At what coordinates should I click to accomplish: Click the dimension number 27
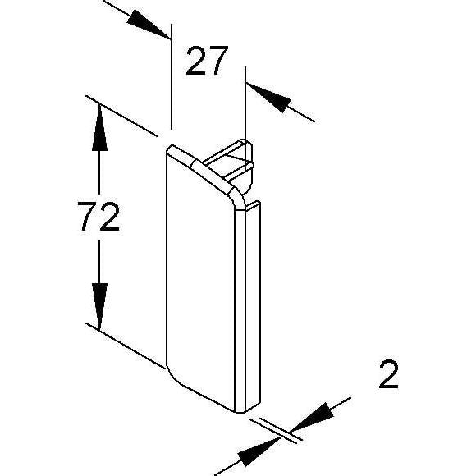[207, 61]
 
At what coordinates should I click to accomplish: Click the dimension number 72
[98, 216]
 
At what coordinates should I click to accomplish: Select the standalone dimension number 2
[388, 374]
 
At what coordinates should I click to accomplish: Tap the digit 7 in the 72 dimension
[88, 216]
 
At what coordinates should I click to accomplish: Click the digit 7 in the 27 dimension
[218, 61]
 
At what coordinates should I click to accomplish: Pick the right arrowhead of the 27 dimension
[268, 97]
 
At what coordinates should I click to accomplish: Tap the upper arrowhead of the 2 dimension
[313, 418]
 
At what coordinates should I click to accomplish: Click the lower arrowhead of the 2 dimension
[259, 451]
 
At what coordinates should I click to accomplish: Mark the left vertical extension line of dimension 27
[172, 77]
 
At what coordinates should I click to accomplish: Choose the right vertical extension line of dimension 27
[245, 104]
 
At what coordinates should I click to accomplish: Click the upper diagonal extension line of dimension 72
[121, 116]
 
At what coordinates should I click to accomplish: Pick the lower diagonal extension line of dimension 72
[126, 346]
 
